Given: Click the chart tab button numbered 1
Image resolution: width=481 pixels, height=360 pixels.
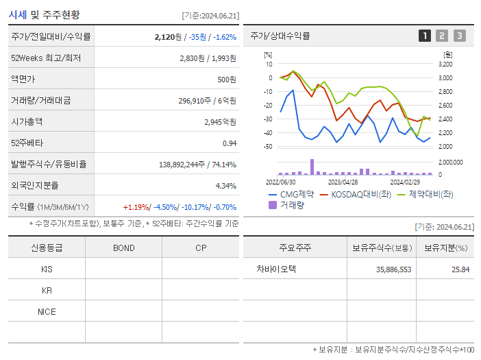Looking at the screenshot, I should tap(425, 36).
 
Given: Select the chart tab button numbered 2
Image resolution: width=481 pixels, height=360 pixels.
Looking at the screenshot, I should tap(442, 36).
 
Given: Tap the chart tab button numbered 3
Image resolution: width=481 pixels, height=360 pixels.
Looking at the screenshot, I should tap(459, 36).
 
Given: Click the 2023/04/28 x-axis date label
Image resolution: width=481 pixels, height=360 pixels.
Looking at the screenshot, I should tap(343, 182).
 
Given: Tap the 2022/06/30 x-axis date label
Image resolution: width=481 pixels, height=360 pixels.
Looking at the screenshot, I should tap(280, 182).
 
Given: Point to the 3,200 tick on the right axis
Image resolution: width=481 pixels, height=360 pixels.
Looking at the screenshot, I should tap(445, 64).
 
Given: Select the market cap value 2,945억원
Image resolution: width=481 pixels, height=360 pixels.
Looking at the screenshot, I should tap(220, 121).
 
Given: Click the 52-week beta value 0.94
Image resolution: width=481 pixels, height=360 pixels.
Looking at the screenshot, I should tap(230, 143).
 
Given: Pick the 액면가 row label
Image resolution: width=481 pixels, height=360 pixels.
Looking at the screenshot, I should tap(25, 79).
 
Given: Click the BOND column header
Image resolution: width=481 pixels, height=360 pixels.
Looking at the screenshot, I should tap(123, 248).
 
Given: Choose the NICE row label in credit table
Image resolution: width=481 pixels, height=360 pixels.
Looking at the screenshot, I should tap(47, 312).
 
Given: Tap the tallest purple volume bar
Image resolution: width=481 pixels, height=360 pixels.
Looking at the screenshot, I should tap(312, 167).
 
